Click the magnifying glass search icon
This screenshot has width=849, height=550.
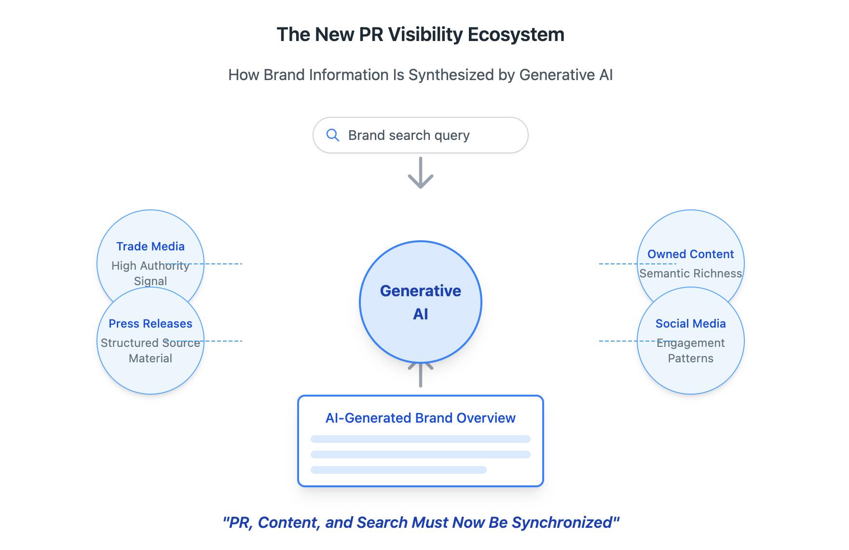(332, 135)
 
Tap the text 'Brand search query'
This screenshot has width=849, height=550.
(409, 136)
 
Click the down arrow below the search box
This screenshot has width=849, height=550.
(421, 173)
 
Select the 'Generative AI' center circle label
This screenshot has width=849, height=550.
(421, 302)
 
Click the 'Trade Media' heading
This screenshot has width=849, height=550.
(151, 247)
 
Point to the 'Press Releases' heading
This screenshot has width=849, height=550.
(151, 324)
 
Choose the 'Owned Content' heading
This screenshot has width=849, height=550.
(690, 254)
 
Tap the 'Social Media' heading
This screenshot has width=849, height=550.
(690, 324)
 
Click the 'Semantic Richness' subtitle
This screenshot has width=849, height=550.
(690, 274)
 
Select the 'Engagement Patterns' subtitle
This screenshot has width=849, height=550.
(690, 351)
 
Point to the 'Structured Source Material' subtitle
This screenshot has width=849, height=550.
(151, 351)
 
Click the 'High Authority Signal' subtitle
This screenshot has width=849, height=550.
(151, 273)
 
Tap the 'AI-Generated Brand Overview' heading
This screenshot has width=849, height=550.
(421, 418)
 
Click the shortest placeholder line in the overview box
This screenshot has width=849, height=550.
(398, 470)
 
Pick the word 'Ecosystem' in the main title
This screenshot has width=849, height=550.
(516, 35)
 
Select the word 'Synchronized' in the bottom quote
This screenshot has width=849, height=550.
(565, 522)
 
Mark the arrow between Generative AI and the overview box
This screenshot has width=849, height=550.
(421, 375)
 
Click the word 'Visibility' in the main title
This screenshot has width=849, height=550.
(425, 35)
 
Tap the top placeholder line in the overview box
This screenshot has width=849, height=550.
(421, 439)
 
